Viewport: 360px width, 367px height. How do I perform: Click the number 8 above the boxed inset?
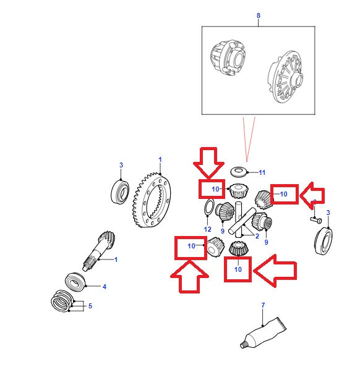coord(259,15)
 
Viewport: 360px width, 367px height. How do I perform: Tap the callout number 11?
coord(262,172)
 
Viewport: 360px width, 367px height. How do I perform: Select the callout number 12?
coord(207,229)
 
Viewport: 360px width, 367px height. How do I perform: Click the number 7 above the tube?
coord(263,305)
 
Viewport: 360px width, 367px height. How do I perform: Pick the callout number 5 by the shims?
coord(90,306)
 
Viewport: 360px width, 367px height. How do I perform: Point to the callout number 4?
coord(105,287)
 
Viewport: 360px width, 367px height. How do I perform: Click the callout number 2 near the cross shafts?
coord(257,236)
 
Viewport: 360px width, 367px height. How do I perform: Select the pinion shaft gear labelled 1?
coord(99,251)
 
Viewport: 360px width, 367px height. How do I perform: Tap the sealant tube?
coord(264,333)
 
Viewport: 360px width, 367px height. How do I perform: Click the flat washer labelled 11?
coord(239,172)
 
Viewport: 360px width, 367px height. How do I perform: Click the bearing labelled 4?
coord(75,282)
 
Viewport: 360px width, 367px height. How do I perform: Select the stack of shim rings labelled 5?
coord(61,301)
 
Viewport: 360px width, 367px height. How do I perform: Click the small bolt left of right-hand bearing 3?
coord(315,220)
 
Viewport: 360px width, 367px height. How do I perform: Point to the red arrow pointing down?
coord(208,163)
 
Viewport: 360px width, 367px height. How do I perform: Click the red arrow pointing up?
coord(189,277)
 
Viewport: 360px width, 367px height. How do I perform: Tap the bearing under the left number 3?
coord(120,192)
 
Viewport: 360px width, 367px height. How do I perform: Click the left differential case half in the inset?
coord(228,58)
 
